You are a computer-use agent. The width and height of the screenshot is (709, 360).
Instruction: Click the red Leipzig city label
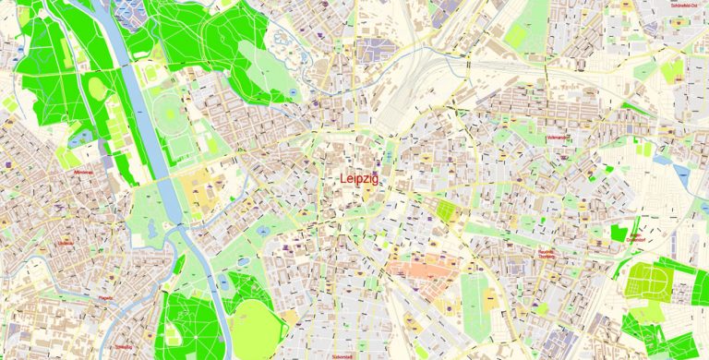coord(358,179)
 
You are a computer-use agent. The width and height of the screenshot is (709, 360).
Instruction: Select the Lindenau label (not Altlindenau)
coord(65,243)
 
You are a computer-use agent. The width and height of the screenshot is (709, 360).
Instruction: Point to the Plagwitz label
coord(104,297)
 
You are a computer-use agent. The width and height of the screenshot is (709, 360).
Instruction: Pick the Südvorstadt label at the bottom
coord(342,354)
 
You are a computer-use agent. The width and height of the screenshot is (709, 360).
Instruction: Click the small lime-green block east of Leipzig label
coord(447,211)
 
